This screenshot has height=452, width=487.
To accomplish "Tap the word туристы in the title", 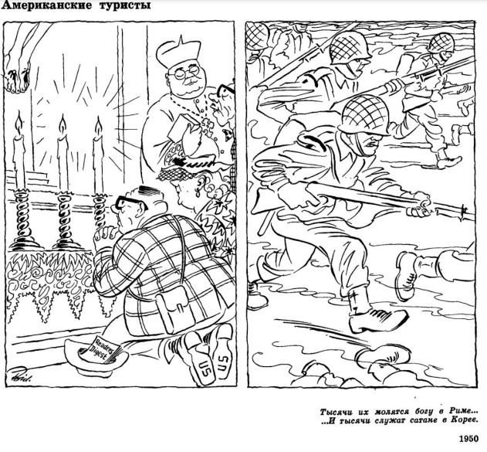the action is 125,6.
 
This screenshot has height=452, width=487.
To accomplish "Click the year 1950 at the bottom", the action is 469,439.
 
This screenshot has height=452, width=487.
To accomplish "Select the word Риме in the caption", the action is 460,412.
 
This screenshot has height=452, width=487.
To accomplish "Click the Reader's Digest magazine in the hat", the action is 101,351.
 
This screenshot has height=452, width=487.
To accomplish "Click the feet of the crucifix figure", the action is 16,80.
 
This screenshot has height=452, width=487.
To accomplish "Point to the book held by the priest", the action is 181,129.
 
